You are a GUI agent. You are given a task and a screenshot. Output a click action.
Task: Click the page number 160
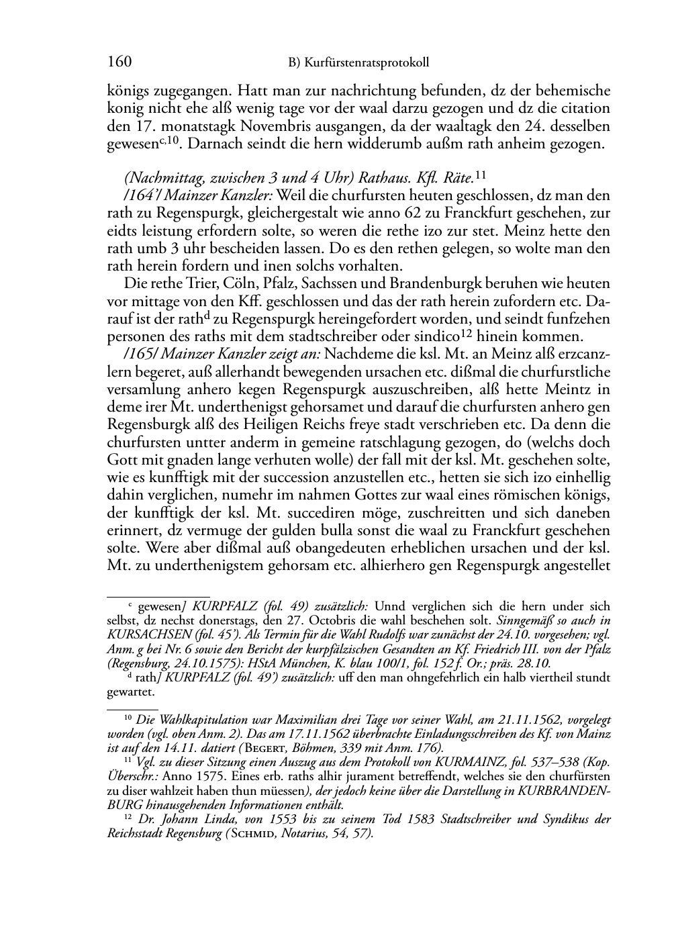pos(119,62)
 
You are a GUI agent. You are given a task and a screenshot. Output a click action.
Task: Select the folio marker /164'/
pos(143,195)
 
